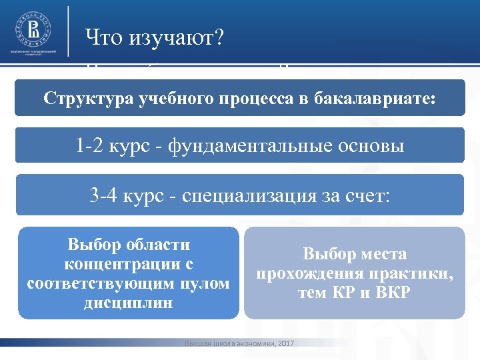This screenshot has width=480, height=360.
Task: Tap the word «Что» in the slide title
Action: (103, 39)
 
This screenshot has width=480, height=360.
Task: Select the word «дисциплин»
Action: (128, 303)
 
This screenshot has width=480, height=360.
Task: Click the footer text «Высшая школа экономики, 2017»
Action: (239, 343)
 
